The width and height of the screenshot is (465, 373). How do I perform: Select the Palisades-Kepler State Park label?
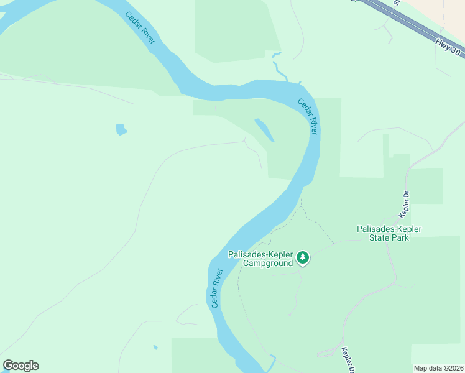(389, 233)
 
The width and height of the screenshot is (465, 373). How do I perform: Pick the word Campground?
(267, 263)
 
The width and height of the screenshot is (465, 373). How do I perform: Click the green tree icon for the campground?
(303, 257)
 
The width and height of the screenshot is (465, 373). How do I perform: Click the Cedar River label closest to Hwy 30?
(308, 116)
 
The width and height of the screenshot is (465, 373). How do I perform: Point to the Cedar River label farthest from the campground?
(140, 27)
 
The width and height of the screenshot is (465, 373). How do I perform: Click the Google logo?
(21, 366)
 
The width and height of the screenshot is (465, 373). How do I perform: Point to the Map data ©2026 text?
(438, 368)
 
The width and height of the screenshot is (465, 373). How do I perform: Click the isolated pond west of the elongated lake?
(121, 130)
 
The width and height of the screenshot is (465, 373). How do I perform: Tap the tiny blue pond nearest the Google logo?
(155, 347)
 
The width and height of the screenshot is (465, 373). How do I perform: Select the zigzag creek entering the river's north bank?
(280, 68)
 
